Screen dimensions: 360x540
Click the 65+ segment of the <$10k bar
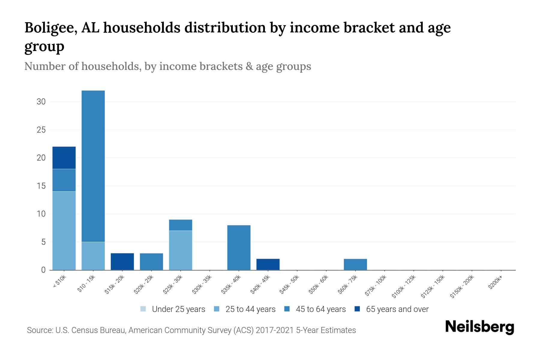click(64, 158)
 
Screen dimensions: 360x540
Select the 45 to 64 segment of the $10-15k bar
click(93, 166)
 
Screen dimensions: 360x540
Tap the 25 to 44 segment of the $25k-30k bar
click(180, 250)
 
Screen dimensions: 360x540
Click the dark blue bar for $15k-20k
click(122, 262)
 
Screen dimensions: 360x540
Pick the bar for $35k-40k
click(239, 247)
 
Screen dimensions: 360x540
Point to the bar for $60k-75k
click(355, 264)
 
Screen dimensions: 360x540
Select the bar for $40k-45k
click(268, 264)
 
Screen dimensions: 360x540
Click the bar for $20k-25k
click(151, 262)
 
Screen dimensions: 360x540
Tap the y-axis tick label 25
click(41, 130)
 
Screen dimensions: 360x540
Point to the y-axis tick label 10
click(41, 214)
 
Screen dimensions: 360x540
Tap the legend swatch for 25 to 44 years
click(217, 309)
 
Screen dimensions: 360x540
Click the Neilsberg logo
click(479, 327)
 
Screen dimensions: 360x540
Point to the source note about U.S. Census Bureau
click(191, 330)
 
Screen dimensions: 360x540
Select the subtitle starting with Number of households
click(167, 66)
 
